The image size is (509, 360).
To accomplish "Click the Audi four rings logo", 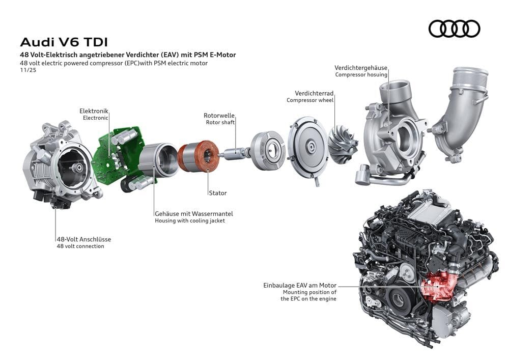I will coord(454,29).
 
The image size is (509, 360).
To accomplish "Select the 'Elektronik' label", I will coord(94,110).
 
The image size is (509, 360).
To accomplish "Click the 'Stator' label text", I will coord(217,193).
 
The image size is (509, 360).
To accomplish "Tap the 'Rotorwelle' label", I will coord(219,116).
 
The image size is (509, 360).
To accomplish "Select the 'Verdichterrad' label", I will coord(314,93).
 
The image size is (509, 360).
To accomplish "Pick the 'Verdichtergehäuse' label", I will coord(361,67).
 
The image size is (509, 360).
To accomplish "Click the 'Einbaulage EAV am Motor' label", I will coord(300,286).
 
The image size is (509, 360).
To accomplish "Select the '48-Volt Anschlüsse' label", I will coord(83,239).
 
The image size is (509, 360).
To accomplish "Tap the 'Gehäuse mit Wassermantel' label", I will coord(193,214).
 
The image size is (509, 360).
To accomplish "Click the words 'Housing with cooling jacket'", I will coord(189,221).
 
